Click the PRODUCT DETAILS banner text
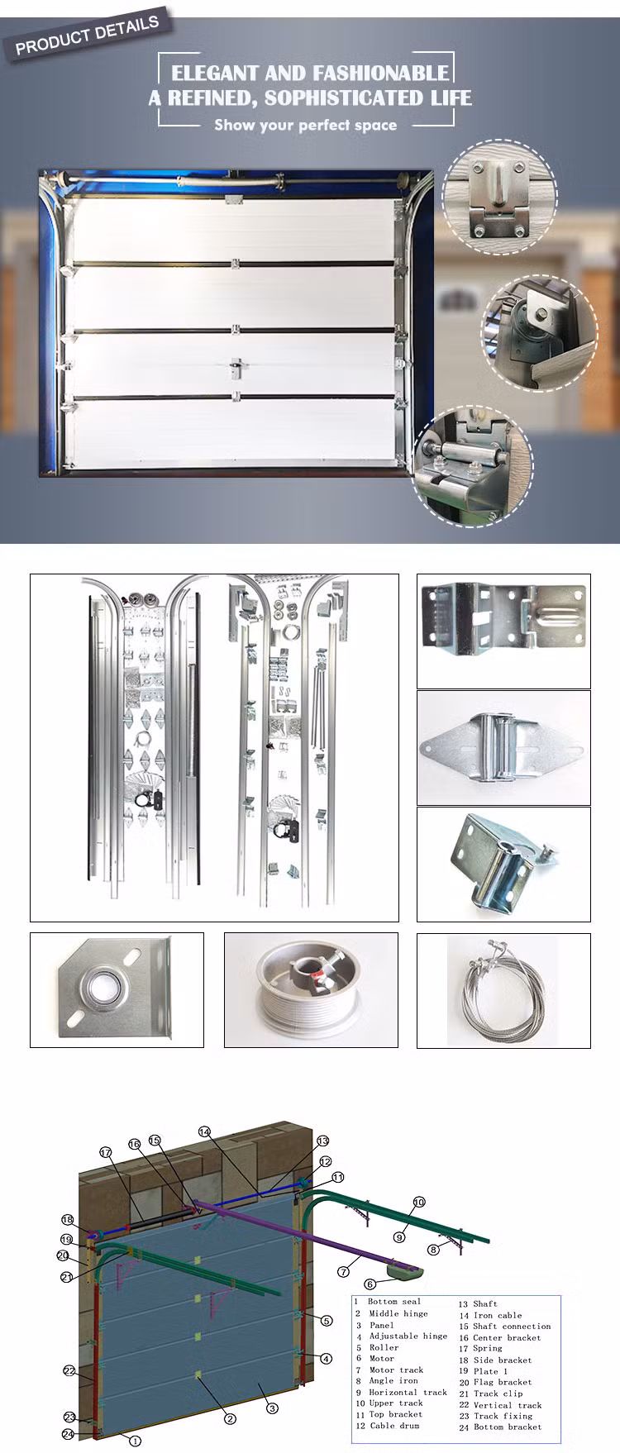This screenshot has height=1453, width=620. click(x=87, y=36)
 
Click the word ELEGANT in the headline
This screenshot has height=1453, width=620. click(x=215, y=73)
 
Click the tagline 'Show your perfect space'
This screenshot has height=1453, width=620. click(x=305, y=125)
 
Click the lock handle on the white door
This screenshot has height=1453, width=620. click(x=236, y=364)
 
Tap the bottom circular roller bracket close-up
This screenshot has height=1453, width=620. click(x=473, y=467)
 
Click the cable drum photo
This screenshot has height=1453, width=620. click(x=311, y=990)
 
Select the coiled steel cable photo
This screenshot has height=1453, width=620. click(x=503, y=990)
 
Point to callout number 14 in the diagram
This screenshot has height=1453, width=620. click(x=205, y=1132)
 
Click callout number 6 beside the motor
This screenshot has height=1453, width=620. click(x=370, y=1284)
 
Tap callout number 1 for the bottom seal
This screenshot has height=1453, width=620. click(x=136, y=1441)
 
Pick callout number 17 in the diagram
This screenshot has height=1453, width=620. click(x=105, y=1153)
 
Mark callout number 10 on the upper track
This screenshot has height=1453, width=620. click(x=419, y=1203)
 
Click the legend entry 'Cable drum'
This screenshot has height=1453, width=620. click(x=393, y=1426)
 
